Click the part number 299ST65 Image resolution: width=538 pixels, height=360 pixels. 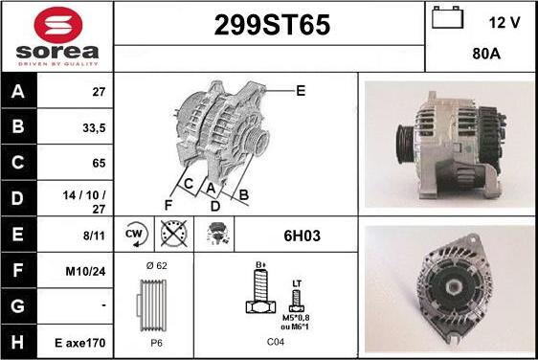pos(272,25)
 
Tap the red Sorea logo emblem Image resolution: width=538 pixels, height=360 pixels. pos(58,25)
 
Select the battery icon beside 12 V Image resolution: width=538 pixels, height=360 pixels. pos(447,18)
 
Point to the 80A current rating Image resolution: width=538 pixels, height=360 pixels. pos(486,54)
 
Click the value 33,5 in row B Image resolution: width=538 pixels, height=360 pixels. pos(94,128)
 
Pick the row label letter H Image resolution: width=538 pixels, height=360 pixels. pos(17,342)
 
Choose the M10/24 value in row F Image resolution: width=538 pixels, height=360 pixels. pos(85,272)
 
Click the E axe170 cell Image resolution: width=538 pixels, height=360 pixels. pos(80,343)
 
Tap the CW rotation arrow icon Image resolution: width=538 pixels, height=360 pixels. pos(135,234)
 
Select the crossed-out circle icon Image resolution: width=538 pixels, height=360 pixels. pos(174,234)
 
